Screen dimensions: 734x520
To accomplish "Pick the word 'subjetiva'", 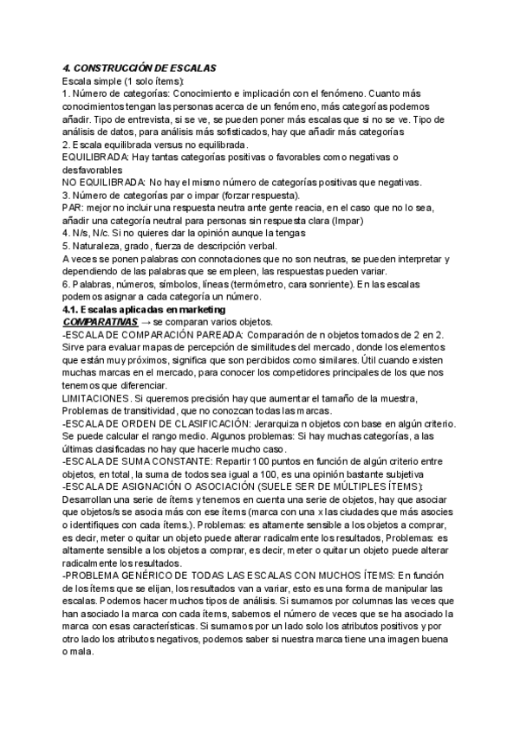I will tap(397, 475).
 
